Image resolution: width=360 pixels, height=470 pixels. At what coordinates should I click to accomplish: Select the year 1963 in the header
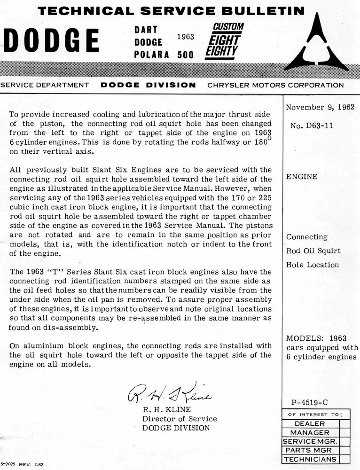pyautogui.click(x=185, y=36)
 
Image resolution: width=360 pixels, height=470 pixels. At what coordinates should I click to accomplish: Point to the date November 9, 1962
pyautogui.click(x=321, y=107)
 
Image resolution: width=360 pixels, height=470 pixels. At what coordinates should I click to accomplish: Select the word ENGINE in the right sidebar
pyautogui.click(x=302, y=177)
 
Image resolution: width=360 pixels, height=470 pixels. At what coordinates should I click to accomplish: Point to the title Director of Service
pyautogui.click(x=180, y=419)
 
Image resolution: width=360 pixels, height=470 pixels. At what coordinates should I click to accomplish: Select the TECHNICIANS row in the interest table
pyautogui.click(x=310, y=459)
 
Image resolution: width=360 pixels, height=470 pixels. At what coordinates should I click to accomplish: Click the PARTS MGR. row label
pyautogui.click(x=310, y=450)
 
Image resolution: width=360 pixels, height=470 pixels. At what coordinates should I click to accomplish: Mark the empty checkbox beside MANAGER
pyautogui.click(x=344, y=432)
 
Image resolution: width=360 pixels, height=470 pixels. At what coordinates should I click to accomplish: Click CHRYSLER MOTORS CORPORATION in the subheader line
pyautogui.click(x=275, y=85)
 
